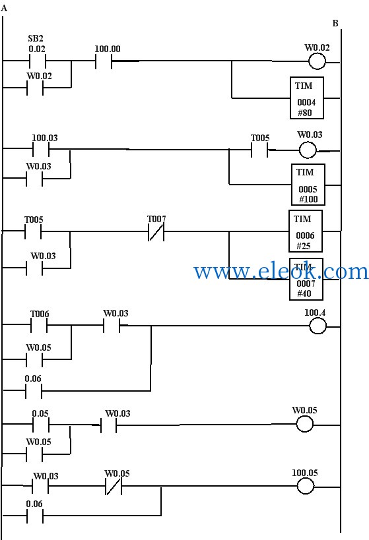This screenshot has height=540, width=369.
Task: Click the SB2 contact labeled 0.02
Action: point(37,61)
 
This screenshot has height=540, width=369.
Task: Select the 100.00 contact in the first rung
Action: point(104,61)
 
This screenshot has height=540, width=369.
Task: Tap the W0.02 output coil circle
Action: point(317,61)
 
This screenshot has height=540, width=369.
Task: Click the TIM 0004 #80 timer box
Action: point(306,98)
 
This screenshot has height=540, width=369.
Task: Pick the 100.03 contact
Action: point(41,149)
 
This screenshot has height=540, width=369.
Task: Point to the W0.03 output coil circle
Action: point(307,150)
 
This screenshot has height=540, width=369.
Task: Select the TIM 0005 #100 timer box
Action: point(308,185)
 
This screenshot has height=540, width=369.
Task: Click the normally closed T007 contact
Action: point(156,232)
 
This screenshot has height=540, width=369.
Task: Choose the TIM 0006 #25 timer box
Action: point(306,231)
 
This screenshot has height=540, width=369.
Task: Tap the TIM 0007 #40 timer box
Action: point(306,279)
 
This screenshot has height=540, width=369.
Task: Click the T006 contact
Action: point(39,325)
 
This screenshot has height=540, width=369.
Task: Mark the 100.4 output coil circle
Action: point(318,326)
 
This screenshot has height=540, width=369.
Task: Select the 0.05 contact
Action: point(41,425)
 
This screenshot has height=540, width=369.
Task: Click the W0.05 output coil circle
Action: point(305,424)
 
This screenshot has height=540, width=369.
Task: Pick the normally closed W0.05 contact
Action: point(113,487)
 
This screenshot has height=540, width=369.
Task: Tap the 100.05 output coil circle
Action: point(306,487)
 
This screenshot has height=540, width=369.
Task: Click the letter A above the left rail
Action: point(4,9)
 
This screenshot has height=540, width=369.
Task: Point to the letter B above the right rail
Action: point(335,24)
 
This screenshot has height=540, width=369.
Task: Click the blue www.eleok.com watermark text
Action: point(281,271)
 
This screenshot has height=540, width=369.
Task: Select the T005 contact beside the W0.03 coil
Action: point(259,150)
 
